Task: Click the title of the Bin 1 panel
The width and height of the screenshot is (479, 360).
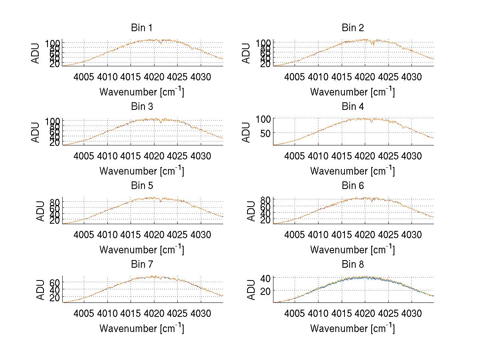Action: pos(142,28)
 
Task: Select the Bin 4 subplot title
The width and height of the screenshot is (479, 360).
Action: pos(353,107)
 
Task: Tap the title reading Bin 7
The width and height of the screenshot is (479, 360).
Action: pos(142,265)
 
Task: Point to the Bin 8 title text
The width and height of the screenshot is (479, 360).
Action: pos(353,265)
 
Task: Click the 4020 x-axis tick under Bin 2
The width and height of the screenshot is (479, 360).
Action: pos(364,77)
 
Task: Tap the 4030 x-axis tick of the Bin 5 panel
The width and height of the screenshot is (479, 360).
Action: pos(200,235)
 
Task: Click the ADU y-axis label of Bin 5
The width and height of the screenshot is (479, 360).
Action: pos(41,211)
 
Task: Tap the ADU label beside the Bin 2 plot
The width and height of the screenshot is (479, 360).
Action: pos(246,53)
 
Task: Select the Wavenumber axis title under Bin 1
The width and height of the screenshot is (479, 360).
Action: pos(142,91)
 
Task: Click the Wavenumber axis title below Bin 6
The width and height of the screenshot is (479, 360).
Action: pos(353,249)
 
